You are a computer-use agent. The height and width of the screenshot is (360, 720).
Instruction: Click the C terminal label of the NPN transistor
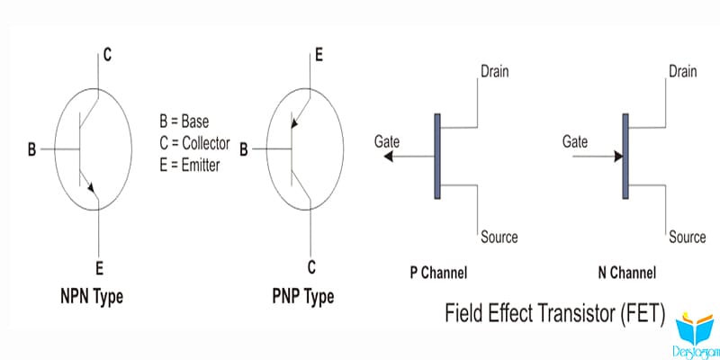coord(107,55)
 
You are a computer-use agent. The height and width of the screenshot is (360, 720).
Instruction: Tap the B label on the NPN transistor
coord(31,149)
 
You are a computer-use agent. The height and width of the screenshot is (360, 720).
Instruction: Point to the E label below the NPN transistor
coord(100,268)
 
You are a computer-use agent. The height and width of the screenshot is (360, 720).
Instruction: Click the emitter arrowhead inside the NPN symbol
coord(92,188)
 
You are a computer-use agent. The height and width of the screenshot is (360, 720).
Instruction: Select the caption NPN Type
coord(92,296)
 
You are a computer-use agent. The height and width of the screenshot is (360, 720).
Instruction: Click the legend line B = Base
coord(184,121)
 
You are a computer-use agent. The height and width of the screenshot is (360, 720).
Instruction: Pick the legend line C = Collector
coord(194,143)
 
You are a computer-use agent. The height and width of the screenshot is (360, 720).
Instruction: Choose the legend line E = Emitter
coord(190,165)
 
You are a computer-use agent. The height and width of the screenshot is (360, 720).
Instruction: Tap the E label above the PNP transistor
coord(319,56)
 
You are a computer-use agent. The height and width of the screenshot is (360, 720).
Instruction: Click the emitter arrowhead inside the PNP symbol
coord(295,123)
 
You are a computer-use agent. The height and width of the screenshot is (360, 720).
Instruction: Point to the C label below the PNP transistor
coord(311,267)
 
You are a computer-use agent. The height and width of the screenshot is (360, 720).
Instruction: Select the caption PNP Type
coord(303,296)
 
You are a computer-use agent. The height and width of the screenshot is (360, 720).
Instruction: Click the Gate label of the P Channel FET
coord(387,141)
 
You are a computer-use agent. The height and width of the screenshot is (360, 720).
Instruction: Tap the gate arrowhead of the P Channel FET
coord(389,157)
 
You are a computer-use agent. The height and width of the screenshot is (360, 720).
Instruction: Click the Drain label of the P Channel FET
coord(494,72)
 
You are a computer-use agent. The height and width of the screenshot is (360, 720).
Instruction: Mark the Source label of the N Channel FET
coord(688,237)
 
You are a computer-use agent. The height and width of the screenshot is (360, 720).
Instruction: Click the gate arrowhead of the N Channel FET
coord(618,157)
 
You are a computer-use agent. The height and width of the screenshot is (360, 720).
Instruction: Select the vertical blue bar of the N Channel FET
coord(625,156)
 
